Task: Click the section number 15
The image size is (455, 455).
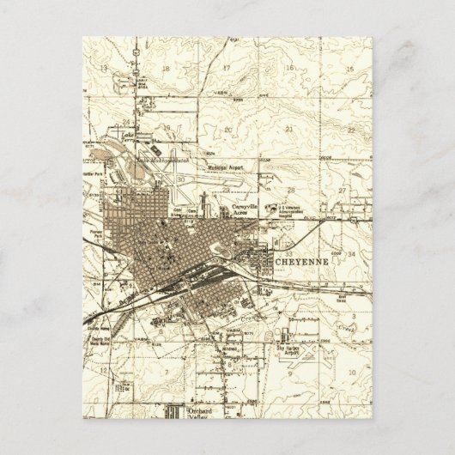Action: coord(350,68)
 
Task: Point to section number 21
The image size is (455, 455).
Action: coord(288,129)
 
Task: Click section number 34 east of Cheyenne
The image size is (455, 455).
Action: coord(351,254)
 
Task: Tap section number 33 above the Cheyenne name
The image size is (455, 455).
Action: coord(290,239)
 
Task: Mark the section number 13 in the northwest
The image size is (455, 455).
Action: coord(103,68)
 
